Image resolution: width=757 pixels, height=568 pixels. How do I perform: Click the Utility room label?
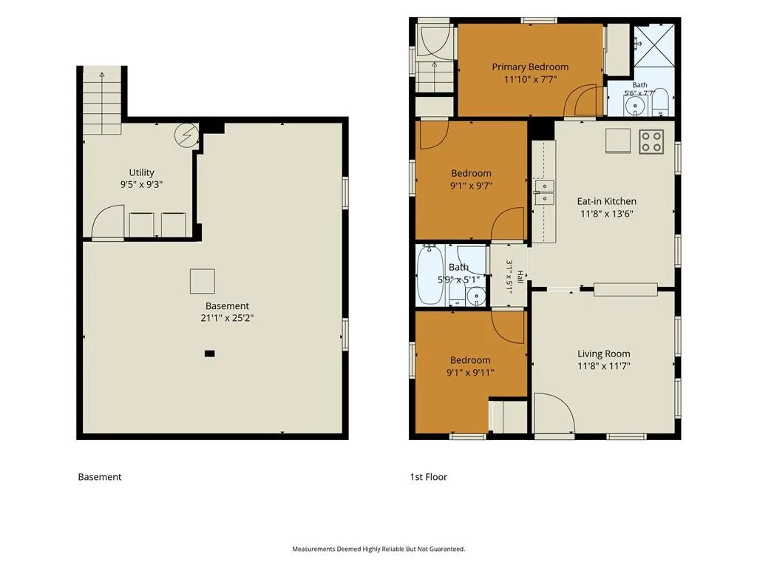[141, 172]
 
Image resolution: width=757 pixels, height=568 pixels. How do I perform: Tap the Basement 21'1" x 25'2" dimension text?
[227, 318]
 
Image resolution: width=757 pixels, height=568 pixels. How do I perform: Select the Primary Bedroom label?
[530, 67]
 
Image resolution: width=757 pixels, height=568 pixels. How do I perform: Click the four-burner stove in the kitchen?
[651, 141]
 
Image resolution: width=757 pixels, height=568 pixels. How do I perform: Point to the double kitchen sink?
[544, 192]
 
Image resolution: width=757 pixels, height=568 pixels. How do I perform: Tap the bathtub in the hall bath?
[430, 275]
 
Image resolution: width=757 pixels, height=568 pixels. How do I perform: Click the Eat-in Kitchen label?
[606, 201]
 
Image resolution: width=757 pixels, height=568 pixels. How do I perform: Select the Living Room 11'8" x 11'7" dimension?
[603, 366]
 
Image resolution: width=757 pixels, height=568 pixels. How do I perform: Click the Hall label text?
[520, 277]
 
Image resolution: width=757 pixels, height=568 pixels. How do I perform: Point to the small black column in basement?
[209, 354]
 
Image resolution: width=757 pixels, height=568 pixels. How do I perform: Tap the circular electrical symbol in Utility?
[186, 135]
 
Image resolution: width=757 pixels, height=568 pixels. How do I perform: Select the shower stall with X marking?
[654, 45]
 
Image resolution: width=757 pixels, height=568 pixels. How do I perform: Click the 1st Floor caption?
[428, 477]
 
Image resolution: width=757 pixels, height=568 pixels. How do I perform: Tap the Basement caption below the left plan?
[100, 477]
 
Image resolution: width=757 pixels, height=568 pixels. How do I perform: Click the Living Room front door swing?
[554, 413]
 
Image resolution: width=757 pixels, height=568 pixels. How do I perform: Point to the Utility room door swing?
[108, 221]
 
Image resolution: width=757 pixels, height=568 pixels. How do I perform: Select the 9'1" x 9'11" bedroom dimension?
[469, 373]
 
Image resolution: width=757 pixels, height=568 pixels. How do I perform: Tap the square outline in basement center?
[203, 281]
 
